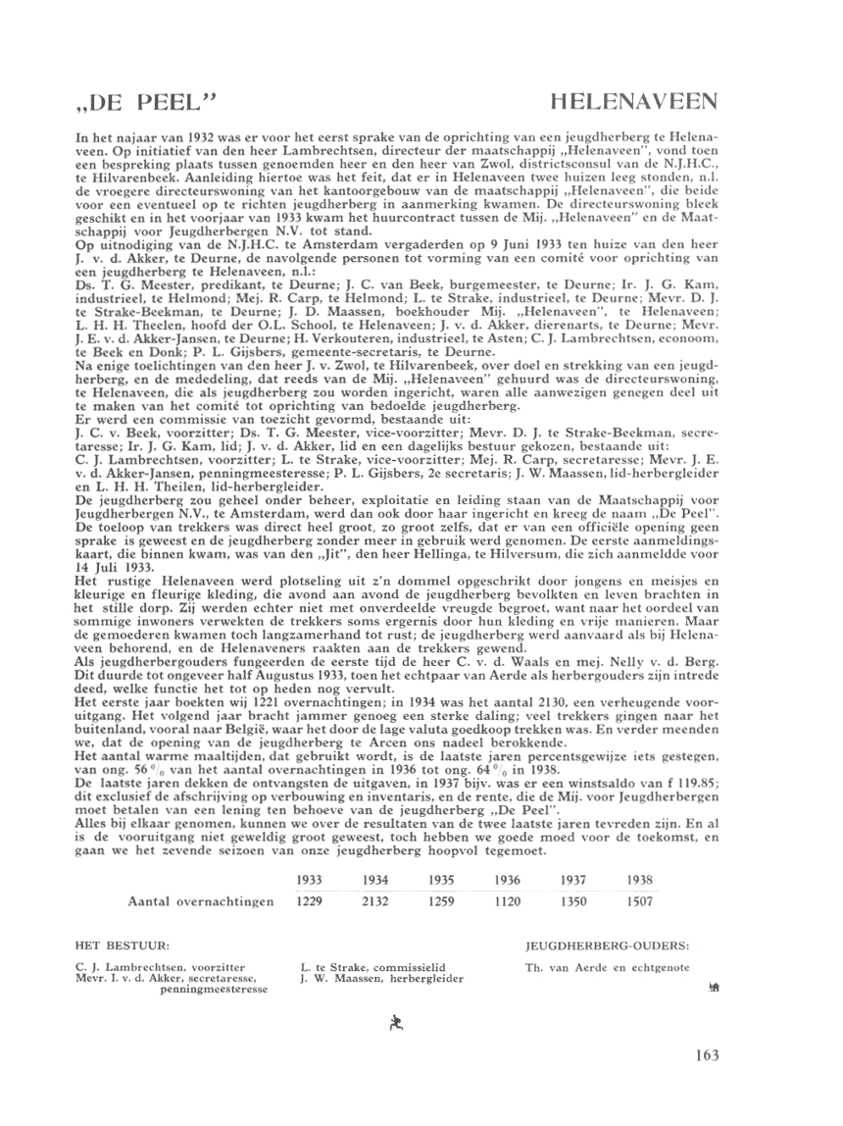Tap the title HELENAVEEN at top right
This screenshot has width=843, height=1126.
coord(636,101)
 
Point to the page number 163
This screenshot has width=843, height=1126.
coord(705,1055)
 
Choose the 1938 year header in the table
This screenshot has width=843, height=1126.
coord(637,883)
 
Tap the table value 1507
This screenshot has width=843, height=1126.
coord(637,901)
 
